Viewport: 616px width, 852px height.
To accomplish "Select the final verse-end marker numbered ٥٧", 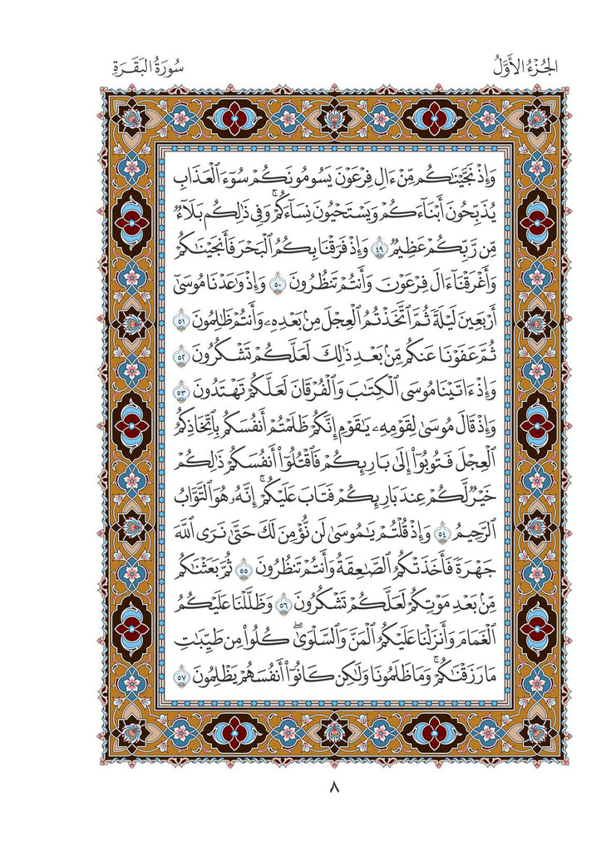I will tap(184, 665).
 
